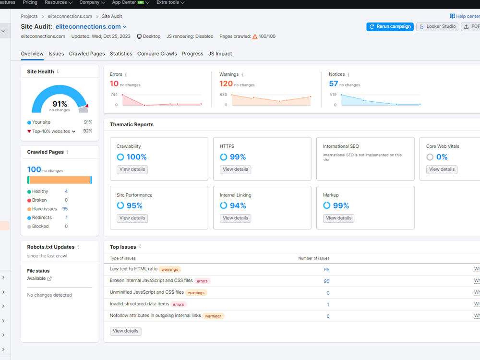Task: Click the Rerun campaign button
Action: pyautogui.click(x=390, y=26)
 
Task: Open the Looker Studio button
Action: pyautogui.click(x=437, y=26)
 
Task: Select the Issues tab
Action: pyautogui.click(x=56, y=54)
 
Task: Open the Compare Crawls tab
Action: pyautogui.click(x=157, y=54)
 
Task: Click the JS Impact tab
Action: pyautogui.click(x=220, y=54)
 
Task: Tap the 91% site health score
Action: pyautogui.click(x=60, y=104)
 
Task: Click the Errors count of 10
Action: pyautogui.click(x=114, y=84)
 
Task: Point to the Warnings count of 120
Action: pyautogui.click(x=226, y=84)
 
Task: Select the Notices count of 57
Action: pyautogui.click(x=334, y=84)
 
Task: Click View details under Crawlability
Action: pyautogui.click(x=132, y=169)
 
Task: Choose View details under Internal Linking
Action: pyautogui.click(x=235, y=218)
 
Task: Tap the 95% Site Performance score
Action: pyautogui.click(x=134, y=206)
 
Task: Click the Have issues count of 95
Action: pyautogui.click(x=65, y=209)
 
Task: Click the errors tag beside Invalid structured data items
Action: pyautogui.click(x=178, y=304)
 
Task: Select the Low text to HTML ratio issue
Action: pyautogui.click(x=133, y=269)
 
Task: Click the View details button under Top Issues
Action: pyautogui.click(x=125, y=331)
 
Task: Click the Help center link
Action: pyautogui.click(x=465, y=16)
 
